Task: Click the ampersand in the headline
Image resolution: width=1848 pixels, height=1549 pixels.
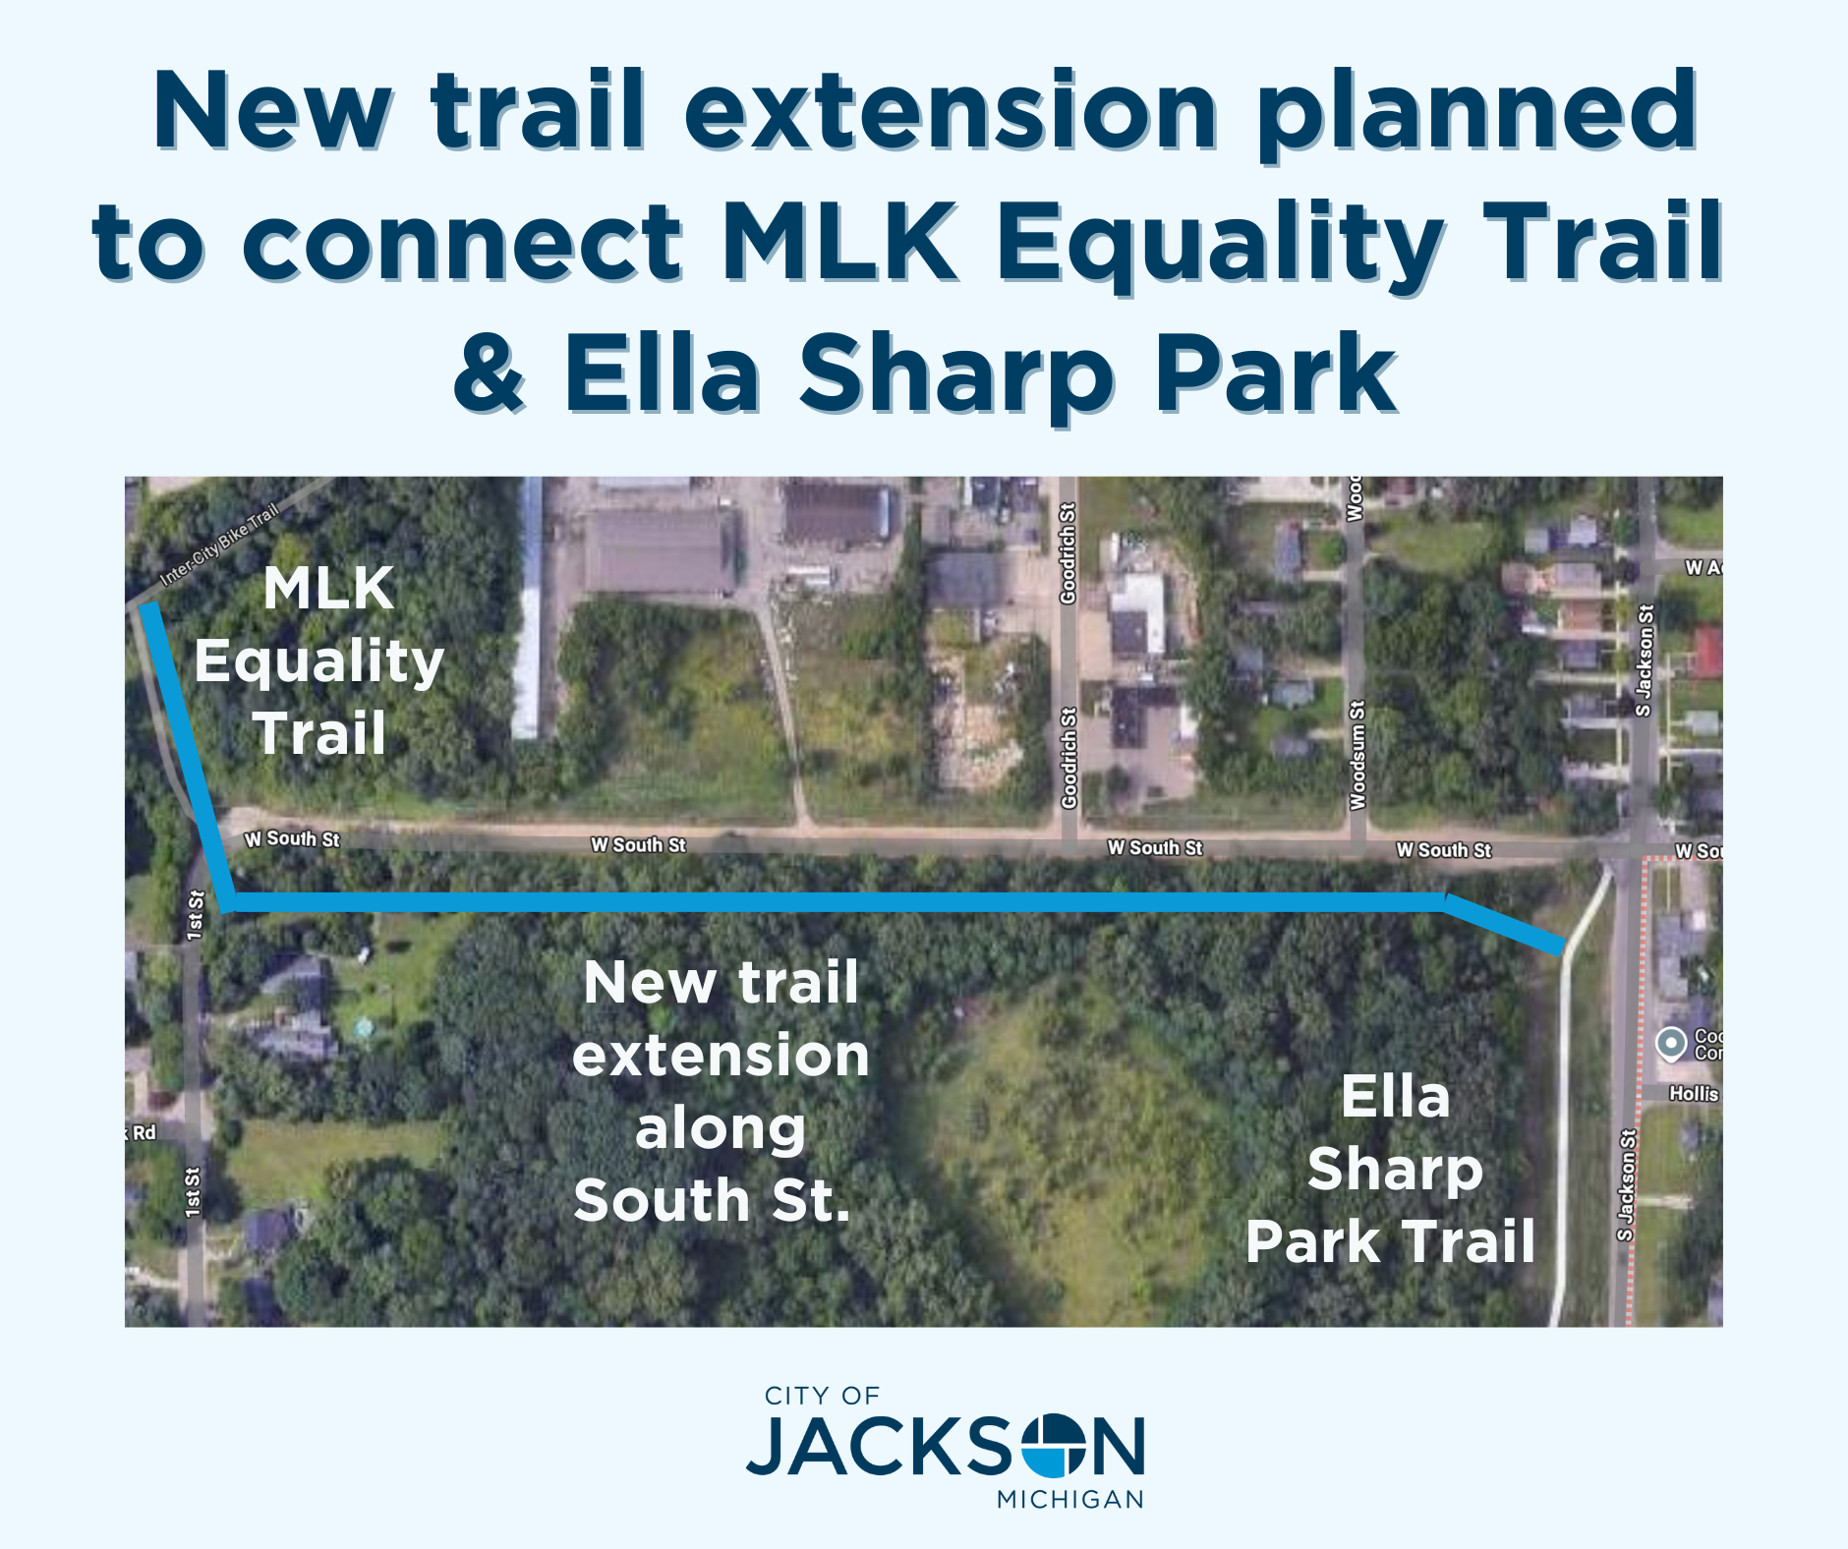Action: [489, 374]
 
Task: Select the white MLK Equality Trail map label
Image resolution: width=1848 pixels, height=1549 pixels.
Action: [320, 660]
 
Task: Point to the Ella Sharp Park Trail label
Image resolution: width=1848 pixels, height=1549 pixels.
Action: [1392, 1169]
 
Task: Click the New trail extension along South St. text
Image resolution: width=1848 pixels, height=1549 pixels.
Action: [720, 1091]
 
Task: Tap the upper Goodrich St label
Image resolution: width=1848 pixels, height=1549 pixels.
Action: [1068, 552]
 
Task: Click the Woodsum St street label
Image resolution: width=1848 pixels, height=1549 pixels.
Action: [1357, 755]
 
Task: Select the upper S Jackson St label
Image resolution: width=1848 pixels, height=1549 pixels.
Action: [1643, 660]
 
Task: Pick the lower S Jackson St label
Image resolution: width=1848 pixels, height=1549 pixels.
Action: [1627, 1185]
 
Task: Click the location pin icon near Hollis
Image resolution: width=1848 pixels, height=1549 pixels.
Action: [1671, 1043]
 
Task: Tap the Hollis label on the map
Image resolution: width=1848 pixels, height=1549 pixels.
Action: [1694, 1093]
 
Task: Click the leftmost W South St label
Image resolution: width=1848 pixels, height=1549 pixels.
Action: [292, 838]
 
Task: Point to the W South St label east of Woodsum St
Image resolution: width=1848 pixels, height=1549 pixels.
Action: [1443, 850]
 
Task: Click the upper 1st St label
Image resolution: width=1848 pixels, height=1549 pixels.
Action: [195, 915]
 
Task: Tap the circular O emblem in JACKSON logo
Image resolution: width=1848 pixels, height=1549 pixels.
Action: [1057, 1446]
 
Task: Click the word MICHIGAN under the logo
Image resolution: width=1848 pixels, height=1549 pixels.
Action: [1070, 1500]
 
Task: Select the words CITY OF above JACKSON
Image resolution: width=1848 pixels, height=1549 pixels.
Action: [822, 1396]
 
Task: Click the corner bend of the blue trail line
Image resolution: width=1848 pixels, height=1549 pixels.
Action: [229, 901]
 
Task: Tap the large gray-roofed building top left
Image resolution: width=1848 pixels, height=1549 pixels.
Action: [659, 552]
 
